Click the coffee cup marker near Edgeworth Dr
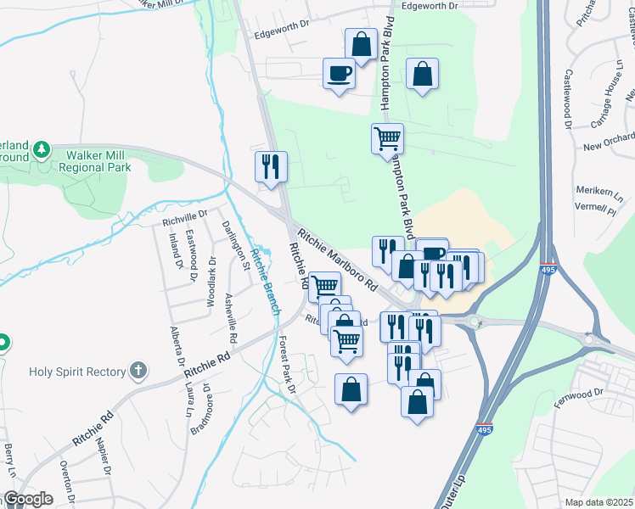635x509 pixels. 340,74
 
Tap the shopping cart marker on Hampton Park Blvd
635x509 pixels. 387,137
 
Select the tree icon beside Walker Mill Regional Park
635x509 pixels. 41,152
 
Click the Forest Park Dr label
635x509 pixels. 286,366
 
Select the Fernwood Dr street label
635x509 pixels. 586,392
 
